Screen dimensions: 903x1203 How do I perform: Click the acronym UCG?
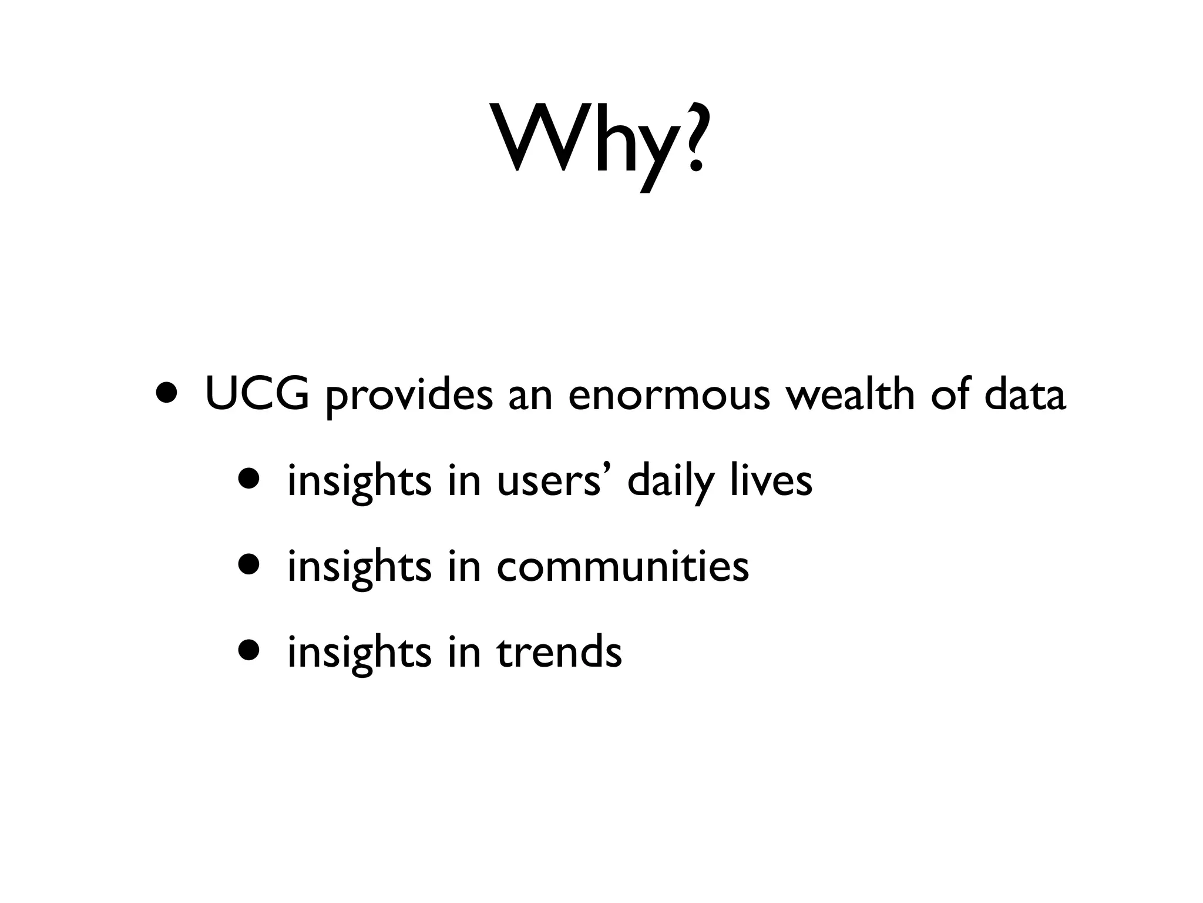coord(257,395)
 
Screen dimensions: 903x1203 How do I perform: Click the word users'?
coord(556,481)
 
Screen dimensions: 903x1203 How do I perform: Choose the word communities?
coord(623,567)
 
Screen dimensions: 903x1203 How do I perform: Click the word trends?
coord(559,652)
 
